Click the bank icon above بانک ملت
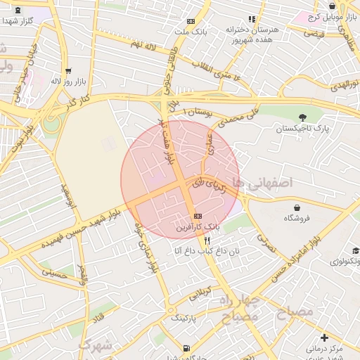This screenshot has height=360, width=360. point(192,22)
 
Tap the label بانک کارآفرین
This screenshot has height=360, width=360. point(198,228)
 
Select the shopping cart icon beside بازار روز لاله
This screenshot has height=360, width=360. point(68,71)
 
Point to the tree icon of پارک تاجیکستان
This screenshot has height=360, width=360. point(303,117)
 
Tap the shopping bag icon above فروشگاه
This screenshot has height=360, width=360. point(297,207)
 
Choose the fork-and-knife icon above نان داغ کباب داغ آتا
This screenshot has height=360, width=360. point(206,240)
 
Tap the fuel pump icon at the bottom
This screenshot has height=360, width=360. point(186,348)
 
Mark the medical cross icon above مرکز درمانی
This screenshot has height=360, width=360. point(323,338)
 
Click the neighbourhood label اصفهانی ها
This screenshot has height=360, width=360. point(264,182)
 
